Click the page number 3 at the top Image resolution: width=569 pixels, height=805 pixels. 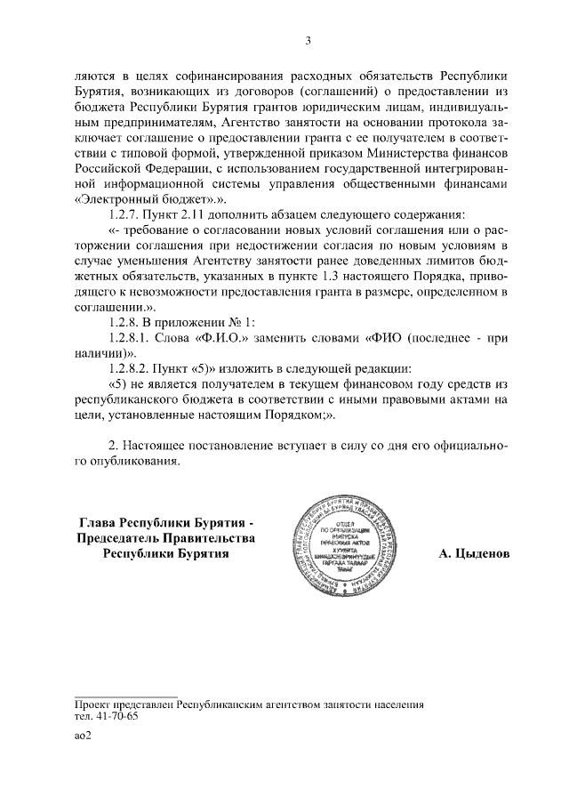point(308,40)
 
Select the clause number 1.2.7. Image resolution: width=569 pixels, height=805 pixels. point(123,216)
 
